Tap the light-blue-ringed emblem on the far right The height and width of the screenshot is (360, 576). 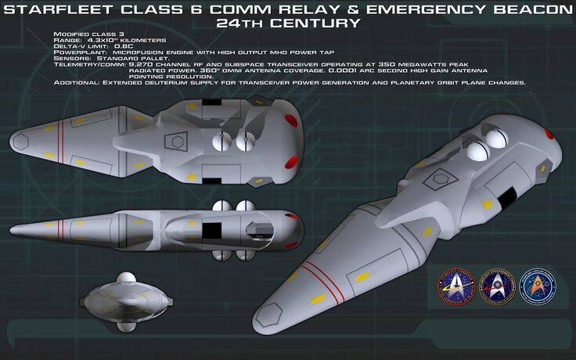[x=538, y=286]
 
